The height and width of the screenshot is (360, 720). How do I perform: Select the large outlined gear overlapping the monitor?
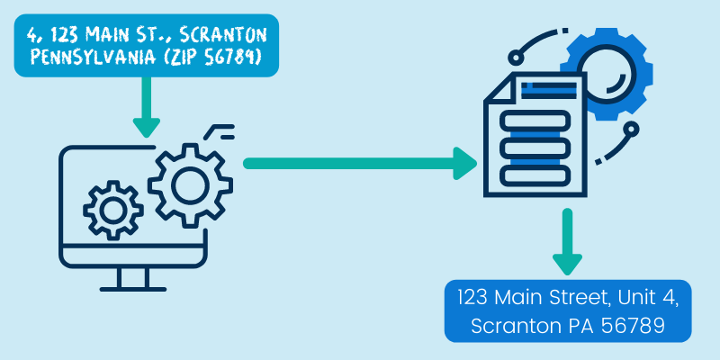click(x=189, y=184)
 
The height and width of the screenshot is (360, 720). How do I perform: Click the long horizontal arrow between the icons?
click(x=360, y=163)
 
